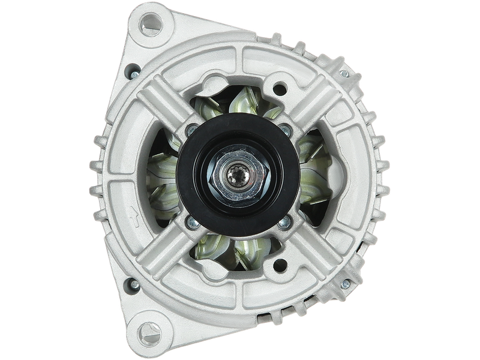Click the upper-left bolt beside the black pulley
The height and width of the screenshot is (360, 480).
[x=191, y=130]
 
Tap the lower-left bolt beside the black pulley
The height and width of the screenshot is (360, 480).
[x=191, y=223]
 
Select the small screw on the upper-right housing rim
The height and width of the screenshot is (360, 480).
[x=344, y=73]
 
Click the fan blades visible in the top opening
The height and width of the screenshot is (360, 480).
[x=237, y=102]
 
